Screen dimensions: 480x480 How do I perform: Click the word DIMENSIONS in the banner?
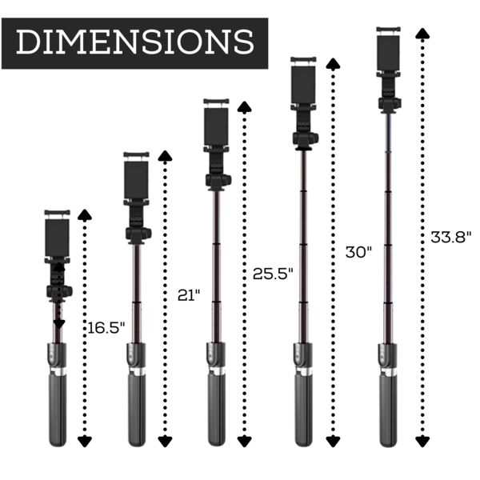(x=135, y=42)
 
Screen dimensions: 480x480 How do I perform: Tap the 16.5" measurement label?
(x=106, y=328)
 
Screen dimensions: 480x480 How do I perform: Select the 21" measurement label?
(x=189, y=295)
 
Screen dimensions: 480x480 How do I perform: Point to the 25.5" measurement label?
(x=273, y=274)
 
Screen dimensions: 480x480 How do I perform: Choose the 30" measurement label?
(x=358, y=252)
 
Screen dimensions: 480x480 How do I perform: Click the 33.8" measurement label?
(x=451, y=237)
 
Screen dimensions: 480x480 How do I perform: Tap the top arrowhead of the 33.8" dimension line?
(x=422, y=34)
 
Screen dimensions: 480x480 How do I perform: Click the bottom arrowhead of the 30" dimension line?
(x=333, y=442)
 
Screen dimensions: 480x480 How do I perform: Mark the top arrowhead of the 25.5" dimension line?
(x=244, y=106)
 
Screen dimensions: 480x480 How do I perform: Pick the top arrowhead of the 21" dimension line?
(x=165, y=155)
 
